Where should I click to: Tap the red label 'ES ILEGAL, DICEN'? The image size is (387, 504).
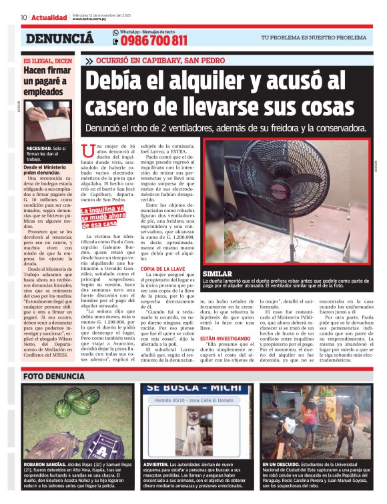[x=46, y=60]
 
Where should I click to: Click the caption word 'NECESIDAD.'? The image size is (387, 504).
[x=39, y=147]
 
